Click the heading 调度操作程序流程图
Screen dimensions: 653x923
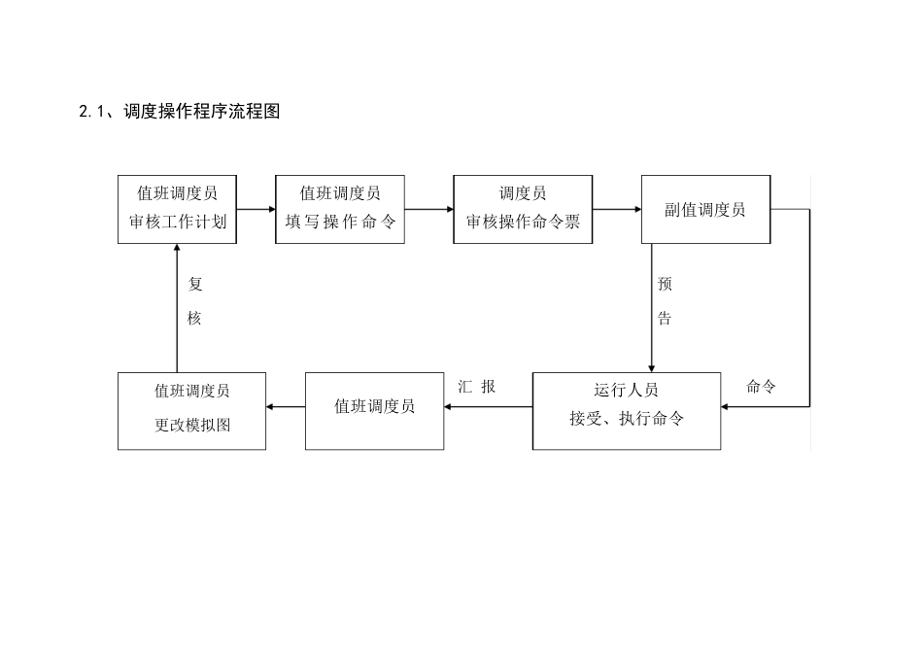(x=202, y=112)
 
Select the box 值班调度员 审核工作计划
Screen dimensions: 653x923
(x=178, y=208)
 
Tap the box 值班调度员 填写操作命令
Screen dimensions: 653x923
(x=340, y=208)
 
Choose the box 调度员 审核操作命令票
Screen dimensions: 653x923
(x=523, y=208)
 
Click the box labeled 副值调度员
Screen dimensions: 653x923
(x=705, y=209)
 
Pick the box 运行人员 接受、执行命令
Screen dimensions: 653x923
(x=627, y=410)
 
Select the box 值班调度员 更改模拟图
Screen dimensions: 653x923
(x=191, y=410)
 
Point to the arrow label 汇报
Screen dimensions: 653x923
(x=477, y=387)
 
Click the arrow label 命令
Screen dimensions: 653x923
(x=761, y=387)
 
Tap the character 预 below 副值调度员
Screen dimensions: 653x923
(x=665, y=285)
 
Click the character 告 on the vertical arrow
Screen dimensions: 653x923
(x=665, y=319)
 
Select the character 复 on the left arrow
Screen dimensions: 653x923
(x=194, y=285)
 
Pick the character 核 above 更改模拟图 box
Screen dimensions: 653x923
(x=194, y=319)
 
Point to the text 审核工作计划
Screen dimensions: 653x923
(x=178, y=222)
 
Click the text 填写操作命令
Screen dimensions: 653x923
(x=340, y=222)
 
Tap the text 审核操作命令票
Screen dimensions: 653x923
(x=523, y=222)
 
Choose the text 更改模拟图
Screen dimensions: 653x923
(x=192, y=426)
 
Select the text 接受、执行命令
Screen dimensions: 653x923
(x=627, y=420)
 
